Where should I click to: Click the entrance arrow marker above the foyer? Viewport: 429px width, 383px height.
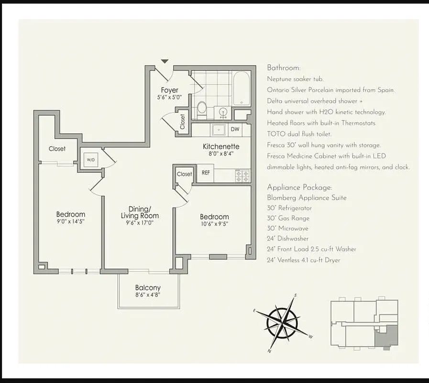pos(165,61)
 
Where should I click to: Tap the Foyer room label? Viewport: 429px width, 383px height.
pos(169,90)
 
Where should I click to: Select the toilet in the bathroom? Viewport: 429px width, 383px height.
pos(202,108)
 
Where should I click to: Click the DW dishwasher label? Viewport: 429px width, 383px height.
pos(235,129)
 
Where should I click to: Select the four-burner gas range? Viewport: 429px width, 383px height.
pos(242,175)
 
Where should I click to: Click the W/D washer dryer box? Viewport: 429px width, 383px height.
pos(91,160)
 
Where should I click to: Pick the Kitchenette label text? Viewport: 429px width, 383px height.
pos(220,146)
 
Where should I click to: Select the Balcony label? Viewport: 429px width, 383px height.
pos(148,287)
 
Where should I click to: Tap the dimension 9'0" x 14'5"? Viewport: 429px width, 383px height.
pos(70,222)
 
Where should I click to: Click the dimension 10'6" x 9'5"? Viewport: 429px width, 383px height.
pos(214,224)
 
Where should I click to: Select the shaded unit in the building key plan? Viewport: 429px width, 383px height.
pos(387,335)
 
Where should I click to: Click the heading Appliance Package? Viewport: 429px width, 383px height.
pos(299,187)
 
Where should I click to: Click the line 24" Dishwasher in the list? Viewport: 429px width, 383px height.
pos(287,238)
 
